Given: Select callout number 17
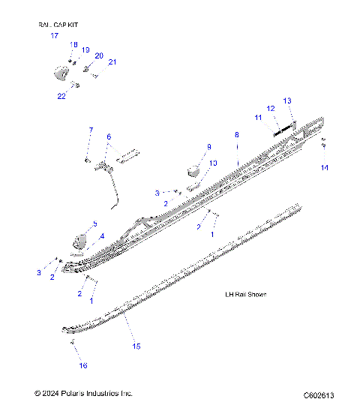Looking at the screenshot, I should [x=54, y=35].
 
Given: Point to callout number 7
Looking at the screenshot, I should [x=91, y=130].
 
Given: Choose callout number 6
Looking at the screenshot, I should [x=108, y=136].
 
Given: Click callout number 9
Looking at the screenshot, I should [x=209, y=146].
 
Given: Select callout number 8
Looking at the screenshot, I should [x=236, y=134].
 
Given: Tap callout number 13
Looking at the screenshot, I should [x=286, y=100].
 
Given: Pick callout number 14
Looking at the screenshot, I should [x=324, y=168].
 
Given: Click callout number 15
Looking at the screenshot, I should [x=136, y=346].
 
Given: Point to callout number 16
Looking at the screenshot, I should [x=83, y=365].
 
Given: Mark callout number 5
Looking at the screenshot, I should [x=94, y=223].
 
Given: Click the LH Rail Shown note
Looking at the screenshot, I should [x=246, y=294].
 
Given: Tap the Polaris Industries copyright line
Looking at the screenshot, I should [x=83, y=393].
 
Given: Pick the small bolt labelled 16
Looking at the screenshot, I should [x=73, y=342].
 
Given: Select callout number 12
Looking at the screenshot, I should [x=271, y=108].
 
